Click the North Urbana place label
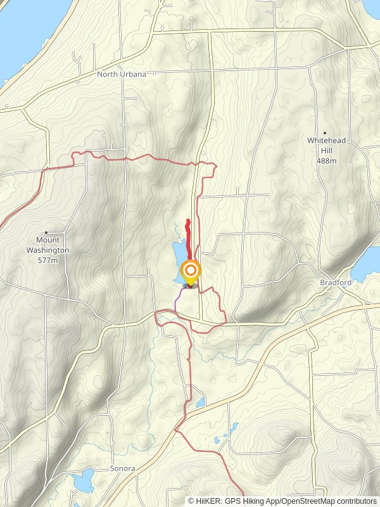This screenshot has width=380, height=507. point(122,74)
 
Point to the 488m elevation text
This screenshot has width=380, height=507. point(326,161)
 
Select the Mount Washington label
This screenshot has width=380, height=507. point(47,245)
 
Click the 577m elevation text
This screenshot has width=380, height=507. point(47,260)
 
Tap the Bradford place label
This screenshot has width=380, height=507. point(336,283)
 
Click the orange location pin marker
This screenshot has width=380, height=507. point(191,272)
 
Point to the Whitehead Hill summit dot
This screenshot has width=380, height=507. point(326,132)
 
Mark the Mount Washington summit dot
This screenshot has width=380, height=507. point(46,233)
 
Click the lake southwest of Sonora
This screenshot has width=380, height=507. point(82,484)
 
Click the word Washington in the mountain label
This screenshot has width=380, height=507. point(47,250)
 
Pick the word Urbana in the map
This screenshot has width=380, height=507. point(133,74)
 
